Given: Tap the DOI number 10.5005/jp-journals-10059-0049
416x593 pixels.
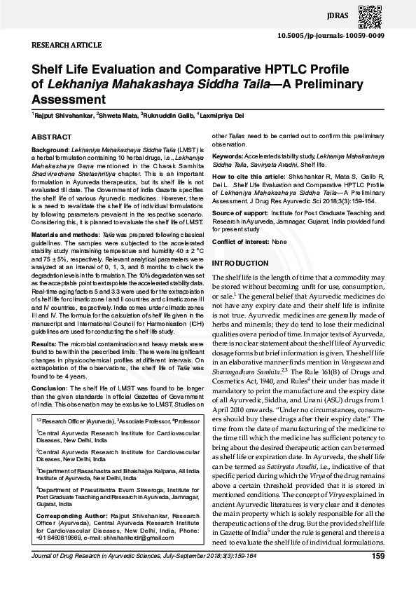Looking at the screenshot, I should click(331, 34).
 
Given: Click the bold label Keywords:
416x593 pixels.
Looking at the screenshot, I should click(228, 156).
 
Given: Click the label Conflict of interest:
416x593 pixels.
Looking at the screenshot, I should click(240, 241).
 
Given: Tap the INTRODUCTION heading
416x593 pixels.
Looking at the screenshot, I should click(240, 263).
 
